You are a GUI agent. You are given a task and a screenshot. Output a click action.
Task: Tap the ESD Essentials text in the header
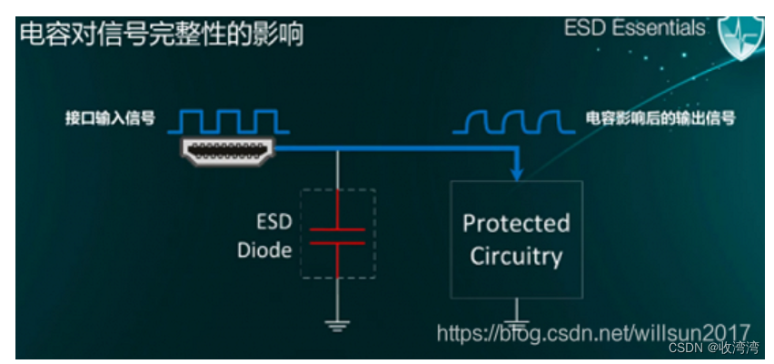click(634, 28)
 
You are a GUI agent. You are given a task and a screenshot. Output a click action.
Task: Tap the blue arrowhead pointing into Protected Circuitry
click(517, 171)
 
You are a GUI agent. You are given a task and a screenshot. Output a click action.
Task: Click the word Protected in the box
click(516, 223)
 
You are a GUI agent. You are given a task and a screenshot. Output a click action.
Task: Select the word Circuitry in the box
click(516, 256)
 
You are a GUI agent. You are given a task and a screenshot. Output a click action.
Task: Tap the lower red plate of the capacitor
click(337, 243)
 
